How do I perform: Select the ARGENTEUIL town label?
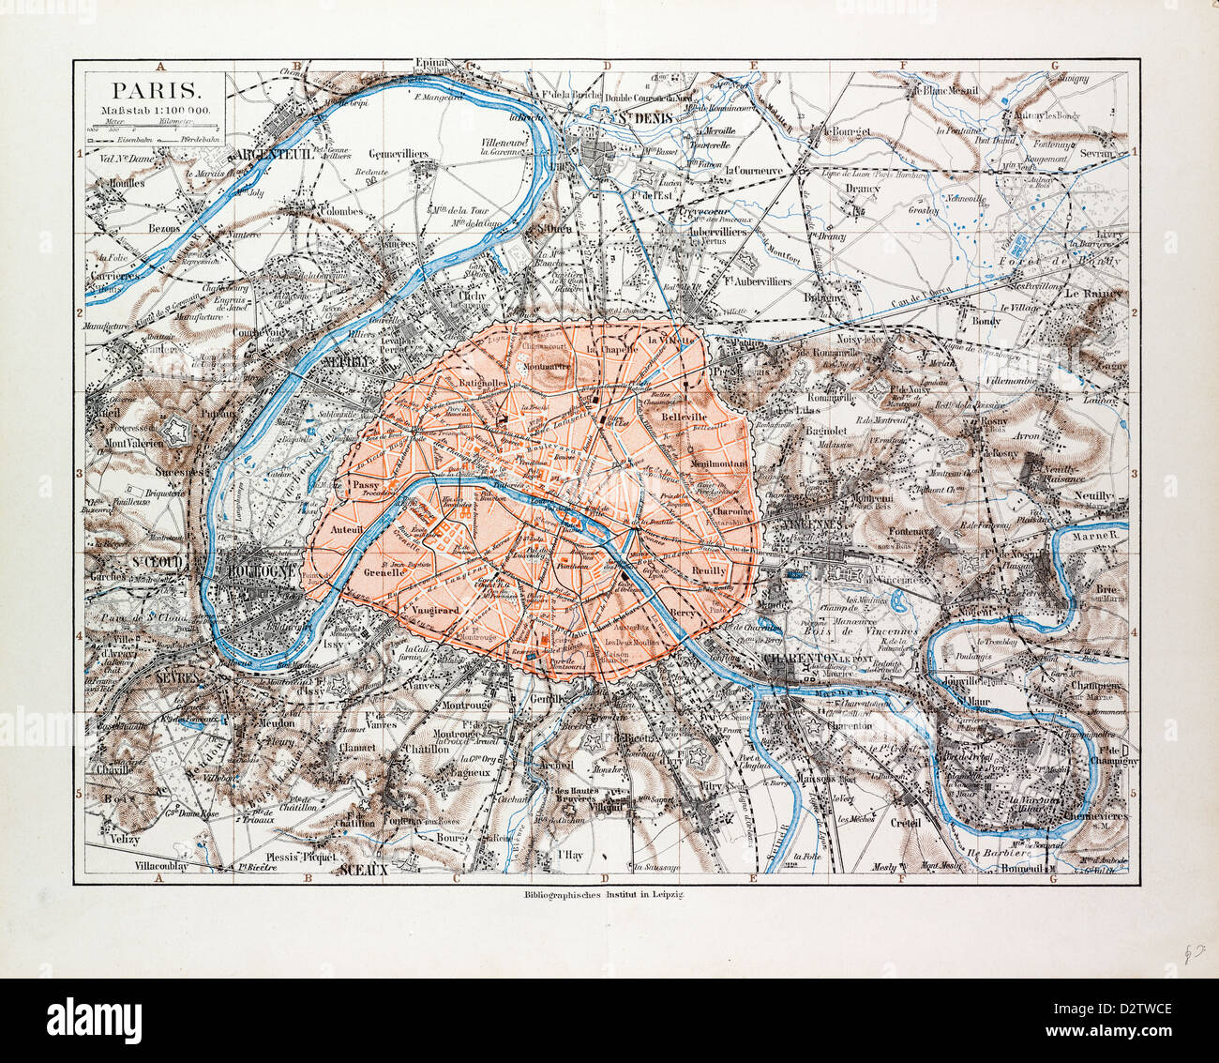point(274,154)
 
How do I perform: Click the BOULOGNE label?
point(265,570)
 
